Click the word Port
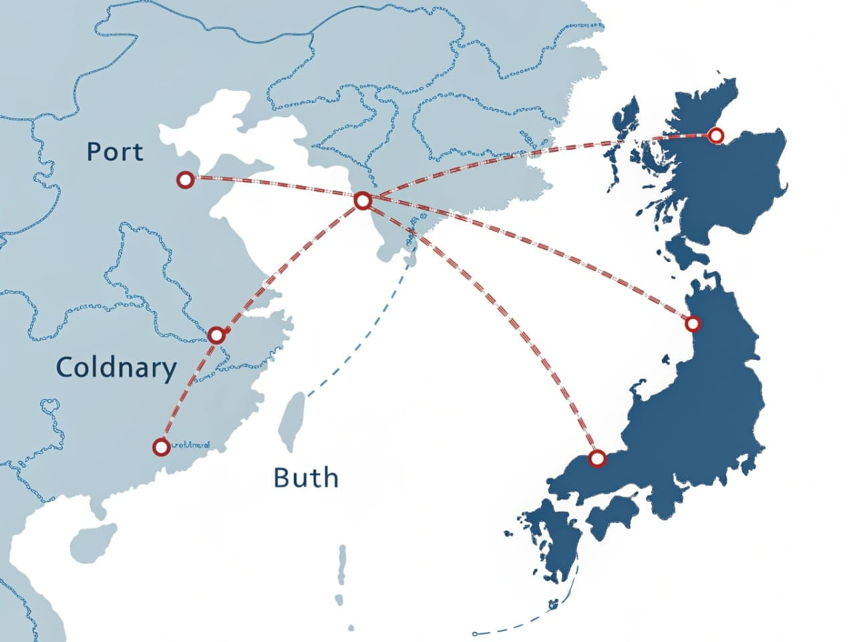[x=115, y=152]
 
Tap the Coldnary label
[x=116, y=368]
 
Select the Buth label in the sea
[x=306, y=477]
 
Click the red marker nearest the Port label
[x=185, y=179]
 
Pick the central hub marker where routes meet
[x=362, y=200]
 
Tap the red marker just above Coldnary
[x=216, y=335]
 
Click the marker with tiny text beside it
[x=160, y=447]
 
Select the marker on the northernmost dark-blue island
[x=715, y=136]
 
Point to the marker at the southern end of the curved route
[x=597, y=458]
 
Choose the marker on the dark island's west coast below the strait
[x=693, y=324]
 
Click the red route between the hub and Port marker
[x=274, y=189]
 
